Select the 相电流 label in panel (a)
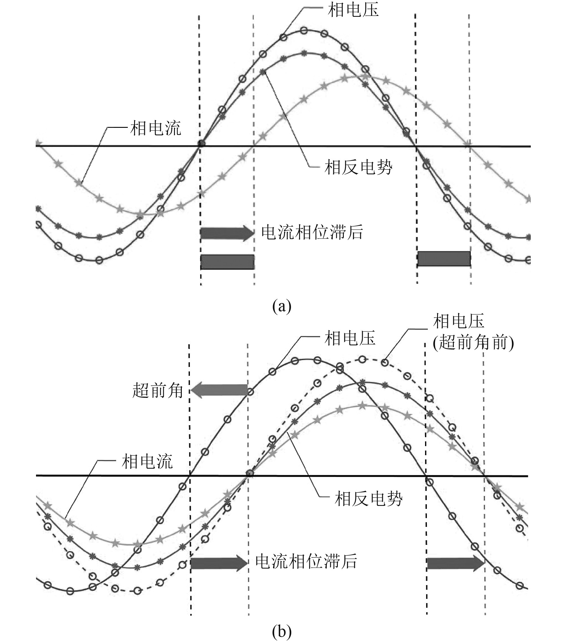[156, 128]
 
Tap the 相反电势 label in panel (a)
[358, 167]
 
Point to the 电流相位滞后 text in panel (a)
[312, 233]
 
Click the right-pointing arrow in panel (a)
[227, 233]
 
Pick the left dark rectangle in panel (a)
[227, 262]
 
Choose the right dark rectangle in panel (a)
[444, 259]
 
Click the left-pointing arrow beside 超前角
[219, 390]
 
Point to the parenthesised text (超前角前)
[473, 342]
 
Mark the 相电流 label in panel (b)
[147, 461]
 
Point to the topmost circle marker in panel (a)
[304, 31]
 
